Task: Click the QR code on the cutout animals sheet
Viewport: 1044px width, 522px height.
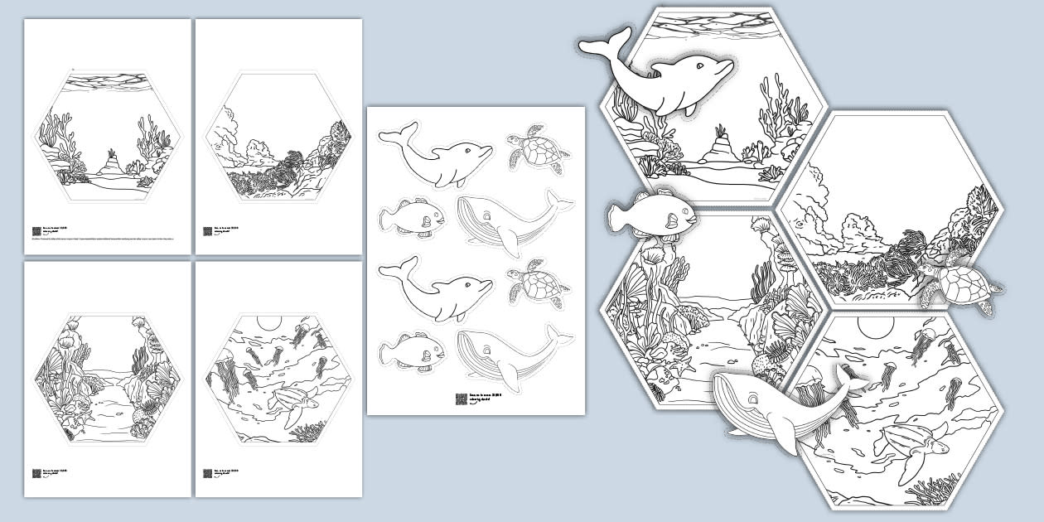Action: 461,399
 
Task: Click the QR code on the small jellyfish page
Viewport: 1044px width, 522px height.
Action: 207,474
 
